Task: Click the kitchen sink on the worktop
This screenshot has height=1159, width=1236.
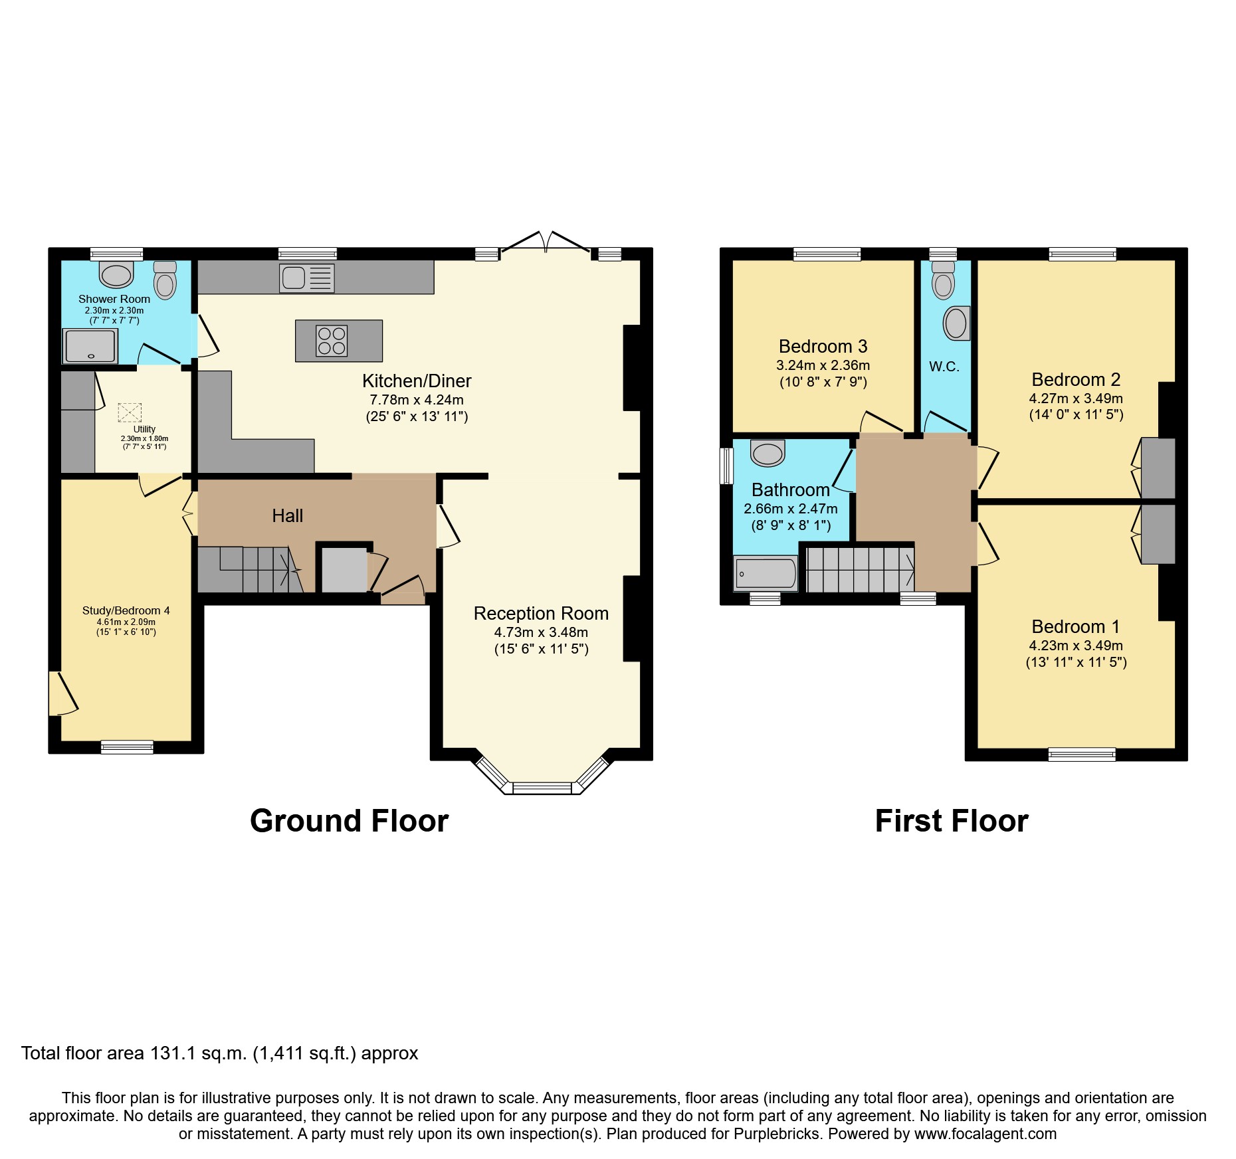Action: coord(306,278)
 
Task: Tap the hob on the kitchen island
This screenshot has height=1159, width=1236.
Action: coord(331,341)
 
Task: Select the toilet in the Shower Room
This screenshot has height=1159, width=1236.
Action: coord(165,280)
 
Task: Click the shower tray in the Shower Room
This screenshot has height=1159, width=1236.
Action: coord(90,346)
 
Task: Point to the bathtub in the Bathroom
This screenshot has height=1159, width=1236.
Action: coord(766,573)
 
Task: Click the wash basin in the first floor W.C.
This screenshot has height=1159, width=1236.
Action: coord(956,323)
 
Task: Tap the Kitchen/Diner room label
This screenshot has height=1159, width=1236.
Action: coord(417,381)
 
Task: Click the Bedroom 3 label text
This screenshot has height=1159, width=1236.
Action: coord(823,346)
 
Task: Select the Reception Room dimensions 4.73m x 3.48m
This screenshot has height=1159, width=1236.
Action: coord(541,632)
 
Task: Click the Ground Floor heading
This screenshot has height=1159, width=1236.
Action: coord(349,821)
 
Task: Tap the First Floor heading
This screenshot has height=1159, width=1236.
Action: coord(951,821)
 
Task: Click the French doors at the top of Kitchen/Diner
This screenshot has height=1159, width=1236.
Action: coord(545,242)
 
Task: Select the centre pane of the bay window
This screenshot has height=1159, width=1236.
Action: coord(542,788)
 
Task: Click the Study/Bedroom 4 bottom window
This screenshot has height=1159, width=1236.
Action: coord(127,747)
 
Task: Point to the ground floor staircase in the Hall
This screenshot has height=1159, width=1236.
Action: coord(249,569)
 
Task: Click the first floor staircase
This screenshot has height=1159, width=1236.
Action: coord(860,569)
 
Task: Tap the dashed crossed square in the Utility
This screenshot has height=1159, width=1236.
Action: coord(130,412)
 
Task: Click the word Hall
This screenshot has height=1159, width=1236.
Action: coord(287,515)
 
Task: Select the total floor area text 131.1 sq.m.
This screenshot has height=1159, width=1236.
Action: coord(219,1053)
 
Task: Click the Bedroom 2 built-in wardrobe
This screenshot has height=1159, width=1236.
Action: coord(1158,468)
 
